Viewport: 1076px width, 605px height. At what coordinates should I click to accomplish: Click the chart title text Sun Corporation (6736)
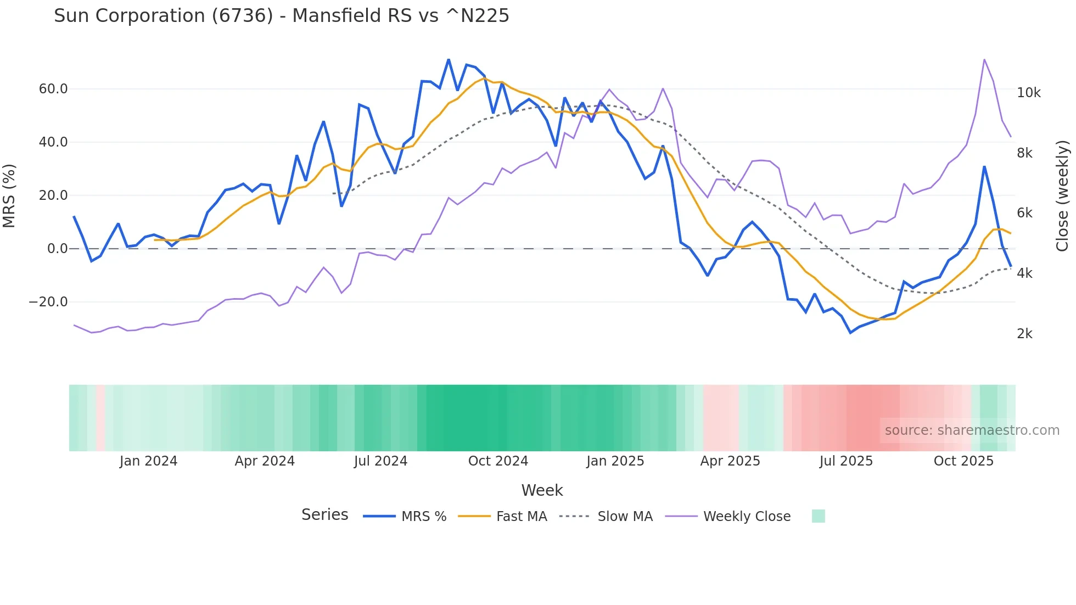pyautogui.click(x=281, y=16)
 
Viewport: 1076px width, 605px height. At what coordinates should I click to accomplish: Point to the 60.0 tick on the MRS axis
pyautogui.click(x=53, y=89)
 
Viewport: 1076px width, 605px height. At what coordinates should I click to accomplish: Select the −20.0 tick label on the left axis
pyautogui.click(x=48, y=302)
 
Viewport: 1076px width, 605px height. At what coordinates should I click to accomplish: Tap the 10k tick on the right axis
pyautogui.click(x=1028, y=93)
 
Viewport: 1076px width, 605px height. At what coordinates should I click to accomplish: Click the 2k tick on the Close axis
pyautogui.click(x=1024, y=334)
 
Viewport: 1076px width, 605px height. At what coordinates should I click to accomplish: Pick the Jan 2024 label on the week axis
pyautogui.click(x=148, y=461)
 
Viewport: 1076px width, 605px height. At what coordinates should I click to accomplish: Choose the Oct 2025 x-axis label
pyautogui.click(x=963, y=461)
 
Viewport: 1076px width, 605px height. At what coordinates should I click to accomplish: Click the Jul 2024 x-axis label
pyautogui.click(x=380, y=461)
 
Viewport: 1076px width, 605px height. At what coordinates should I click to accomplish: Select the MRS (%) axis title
pyautogui.click(x=9, y=196)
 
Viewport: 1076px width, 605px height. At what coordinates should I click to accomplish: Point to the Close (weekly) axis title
pyautogui.click(x=1062, y=196)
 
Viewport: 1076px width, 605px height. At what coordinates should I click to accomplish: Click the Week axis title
pyautogui.click(x=542, y=490)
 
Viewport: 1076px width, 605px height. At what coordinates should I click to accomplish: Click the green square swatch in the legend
pyautogui.click(x=818, y=516)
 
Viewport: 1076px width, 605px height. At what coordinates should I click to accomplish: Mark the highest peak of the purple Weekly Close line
pyautogui.click(x=984, y=59)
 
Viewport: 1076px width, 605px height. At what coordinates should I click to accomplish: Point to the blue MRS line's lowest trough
pyautogui.click(x=850, y=333)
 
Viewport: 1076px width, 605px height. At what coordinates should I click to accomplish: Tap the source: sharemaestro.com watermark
pyautogui.click(x=972, y=430)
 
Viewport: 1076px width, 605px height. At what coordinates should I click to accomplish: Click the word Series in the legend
pyautogui.click(x=324, y=515)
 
